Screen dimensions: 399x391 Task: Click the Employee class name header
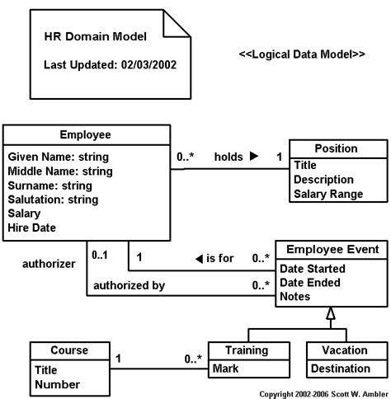pos(86,134)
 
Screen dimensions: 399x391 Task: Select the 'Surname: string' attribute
pos(50,185)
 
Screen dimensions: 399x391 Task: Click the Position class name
pos(337,148)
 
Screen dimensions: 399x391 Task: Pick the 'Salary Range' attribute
pos(328,194)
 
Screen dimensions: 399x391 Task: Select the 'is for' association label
pos(220,258)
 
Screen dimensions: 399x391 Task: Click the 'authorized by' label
pos(129,286)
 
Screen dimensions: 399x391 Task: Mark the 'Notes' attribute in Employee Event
pos(295,296)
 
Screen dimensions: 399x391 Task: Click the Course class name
pos(69,350)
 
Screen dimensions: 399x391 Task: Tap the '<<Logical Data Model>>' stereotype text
pos(301,54)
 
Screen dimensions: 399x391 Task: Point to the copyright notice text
pos(323,394)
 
